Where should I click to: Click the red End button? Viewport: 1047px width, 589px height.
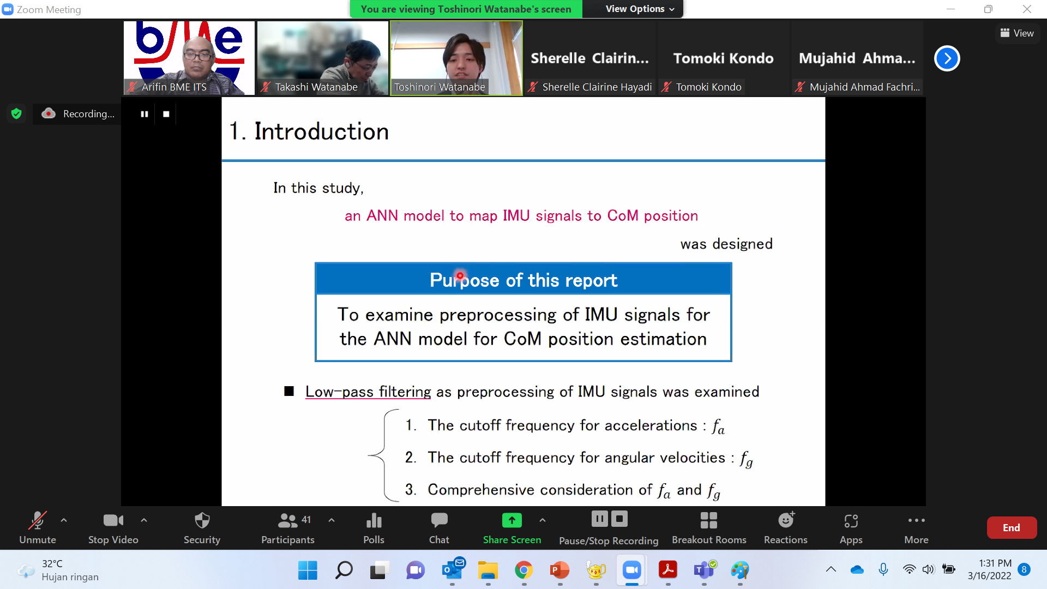coord(1012,527)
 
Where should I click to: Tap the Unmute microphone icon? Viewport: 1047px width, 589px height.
coord(37,520)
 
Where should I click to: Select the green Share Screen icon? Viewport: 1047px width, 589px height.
coord(512,520)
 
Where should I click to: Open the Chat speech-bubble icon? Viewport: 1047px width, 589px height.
coord(439,520)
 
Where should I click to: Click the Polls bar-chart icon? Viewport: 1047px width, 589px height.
coord(374,520)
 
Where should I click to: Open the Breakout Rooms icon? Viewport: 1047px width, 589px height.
coord(708,520)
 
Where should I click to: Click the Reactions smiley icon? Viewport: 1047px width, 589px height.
coord(786,520)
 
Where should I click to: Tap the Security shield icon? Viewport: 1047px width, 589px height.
coord(202,520)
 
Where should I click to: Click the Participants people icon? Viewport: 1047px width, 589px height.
coord(287,520)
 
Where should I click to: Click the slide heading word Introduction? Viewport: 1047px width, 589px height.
coord(321,131)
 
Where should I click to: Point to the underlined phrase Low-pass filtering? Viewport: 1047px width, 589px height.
coord(368,392)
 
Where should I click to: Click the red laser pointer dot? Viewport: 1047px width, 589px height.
coord(460,276)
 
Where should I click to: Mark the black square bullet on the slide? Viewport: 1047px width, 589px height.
coord(289,391)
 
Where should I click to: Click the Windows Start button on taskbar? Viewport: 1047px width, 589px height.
coord(308,570)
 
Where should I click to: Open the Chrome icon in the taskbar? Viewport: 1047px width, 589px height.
coord(523,570)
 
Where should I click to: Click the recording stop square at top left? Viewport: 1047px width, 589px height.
coord(166,114)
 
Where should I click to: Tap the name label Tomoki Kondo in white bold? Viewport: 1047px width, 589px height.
coord(723,58)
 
